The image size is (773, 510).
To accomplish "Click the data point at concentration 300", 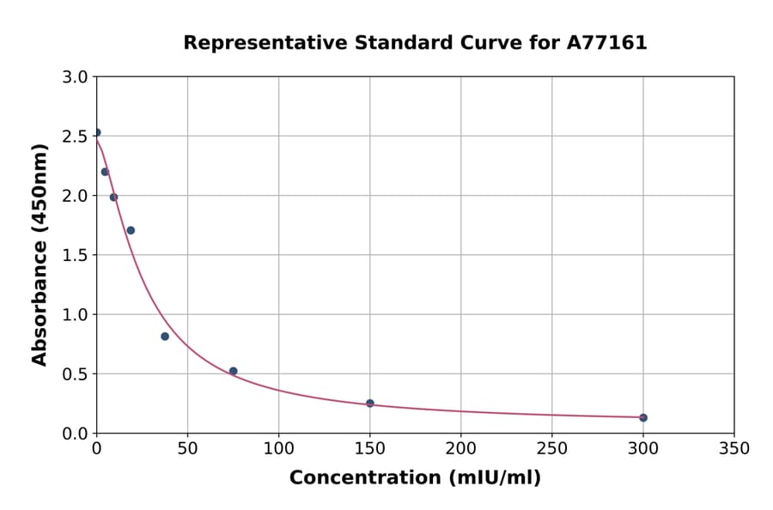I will click(643, 417).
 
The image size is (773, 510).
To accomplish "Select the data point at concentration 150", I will click(370, 403).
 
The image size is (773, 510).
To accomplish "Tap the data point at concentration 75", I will click(234, 371).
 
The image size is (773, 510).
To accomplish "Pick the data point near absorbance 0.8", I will click(165, 337).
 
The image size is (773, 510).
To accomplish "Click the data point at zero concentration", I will click(97, 132).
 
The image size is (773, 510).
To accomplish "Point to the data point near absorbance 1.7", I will click(131, 230).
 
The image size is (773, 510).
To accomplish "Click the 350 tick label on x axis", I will click(734, 448).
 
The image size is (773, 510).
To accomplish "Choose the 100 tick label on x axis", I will click(279, 448).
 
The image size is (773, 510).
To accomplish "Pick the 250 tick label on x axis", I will click(552, 448).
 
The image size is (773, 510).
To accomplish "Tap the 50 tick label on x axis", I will click(188, 448).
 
